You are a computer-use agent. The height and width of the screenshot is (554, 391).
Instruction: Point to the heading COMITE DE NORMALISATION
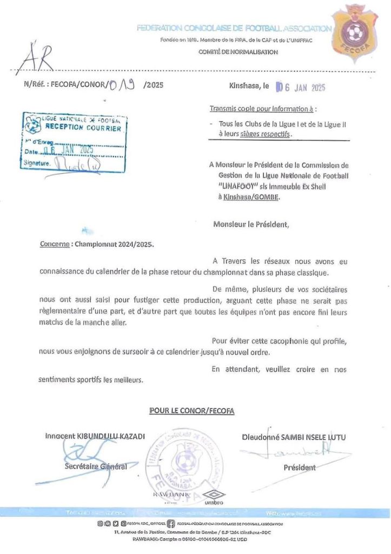click(x=246, y=52)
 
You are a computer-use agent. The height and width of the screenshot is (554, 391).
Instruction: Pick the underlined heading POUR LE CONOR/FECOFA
click(x=191, y=412)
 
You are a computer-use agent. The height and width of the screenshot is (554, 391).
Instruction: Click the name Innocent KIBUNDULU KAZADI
click(x=96, y=437)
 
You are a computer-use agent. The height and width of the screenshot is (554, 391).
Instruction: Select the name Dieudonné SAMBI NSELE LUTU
click(x=294, y=437)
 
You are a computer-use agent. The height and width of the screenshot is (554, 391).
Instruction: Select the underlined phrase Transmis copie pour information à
click(x=262, y=109)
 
